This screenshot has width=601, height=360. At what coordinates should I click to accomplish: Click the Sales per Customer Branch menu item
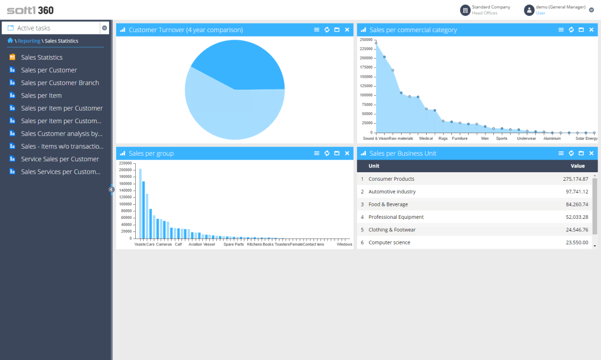coord(60,83)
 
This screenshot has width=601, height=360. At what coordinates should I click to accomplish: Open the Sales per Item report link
coord(41,96)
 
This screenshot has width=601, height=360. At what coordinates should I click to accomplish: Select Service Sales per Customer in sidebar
coord(60,159)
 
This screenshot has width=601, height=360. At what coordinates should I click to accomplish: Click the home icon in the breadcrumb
coord(10,41)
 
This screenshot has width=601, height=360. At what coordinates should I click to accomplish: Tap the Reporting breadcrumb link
coord(29,41)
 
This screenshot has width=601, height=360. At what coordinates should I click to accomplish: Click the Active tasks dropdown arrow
coord(105,28)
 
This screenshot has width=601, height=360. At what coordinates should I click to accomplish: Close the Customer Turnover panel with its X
coord(347,30)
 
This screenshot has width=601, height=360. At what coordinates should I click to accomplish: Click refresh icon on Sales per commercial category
coord(571,30)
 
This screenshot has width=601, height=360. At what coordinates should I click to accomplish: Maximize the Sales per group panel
coord(337,153)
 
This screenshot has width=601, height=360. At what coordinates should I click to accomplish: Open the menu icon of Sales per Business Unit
coord(561,153)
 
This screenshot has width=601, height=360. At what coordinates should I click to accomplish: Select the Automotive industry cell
coord(392,192)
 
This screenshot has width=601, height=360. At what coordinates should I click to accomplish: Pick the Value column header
coord(577,166)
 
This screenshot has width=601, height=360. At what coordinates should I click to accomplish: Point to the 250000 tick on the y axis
coord(366,40)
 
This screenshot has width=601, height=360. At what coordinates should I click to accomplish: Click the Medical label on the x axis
coord(426,138)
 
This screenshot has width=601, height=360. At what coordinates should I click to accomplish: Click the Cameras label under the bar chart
coord(164,244)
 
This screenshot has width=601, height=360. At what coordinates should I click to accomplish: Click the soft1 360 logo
coord(30,10)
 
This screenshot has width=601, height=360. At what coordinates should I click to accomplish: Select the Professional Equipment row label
coord(396,217)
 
